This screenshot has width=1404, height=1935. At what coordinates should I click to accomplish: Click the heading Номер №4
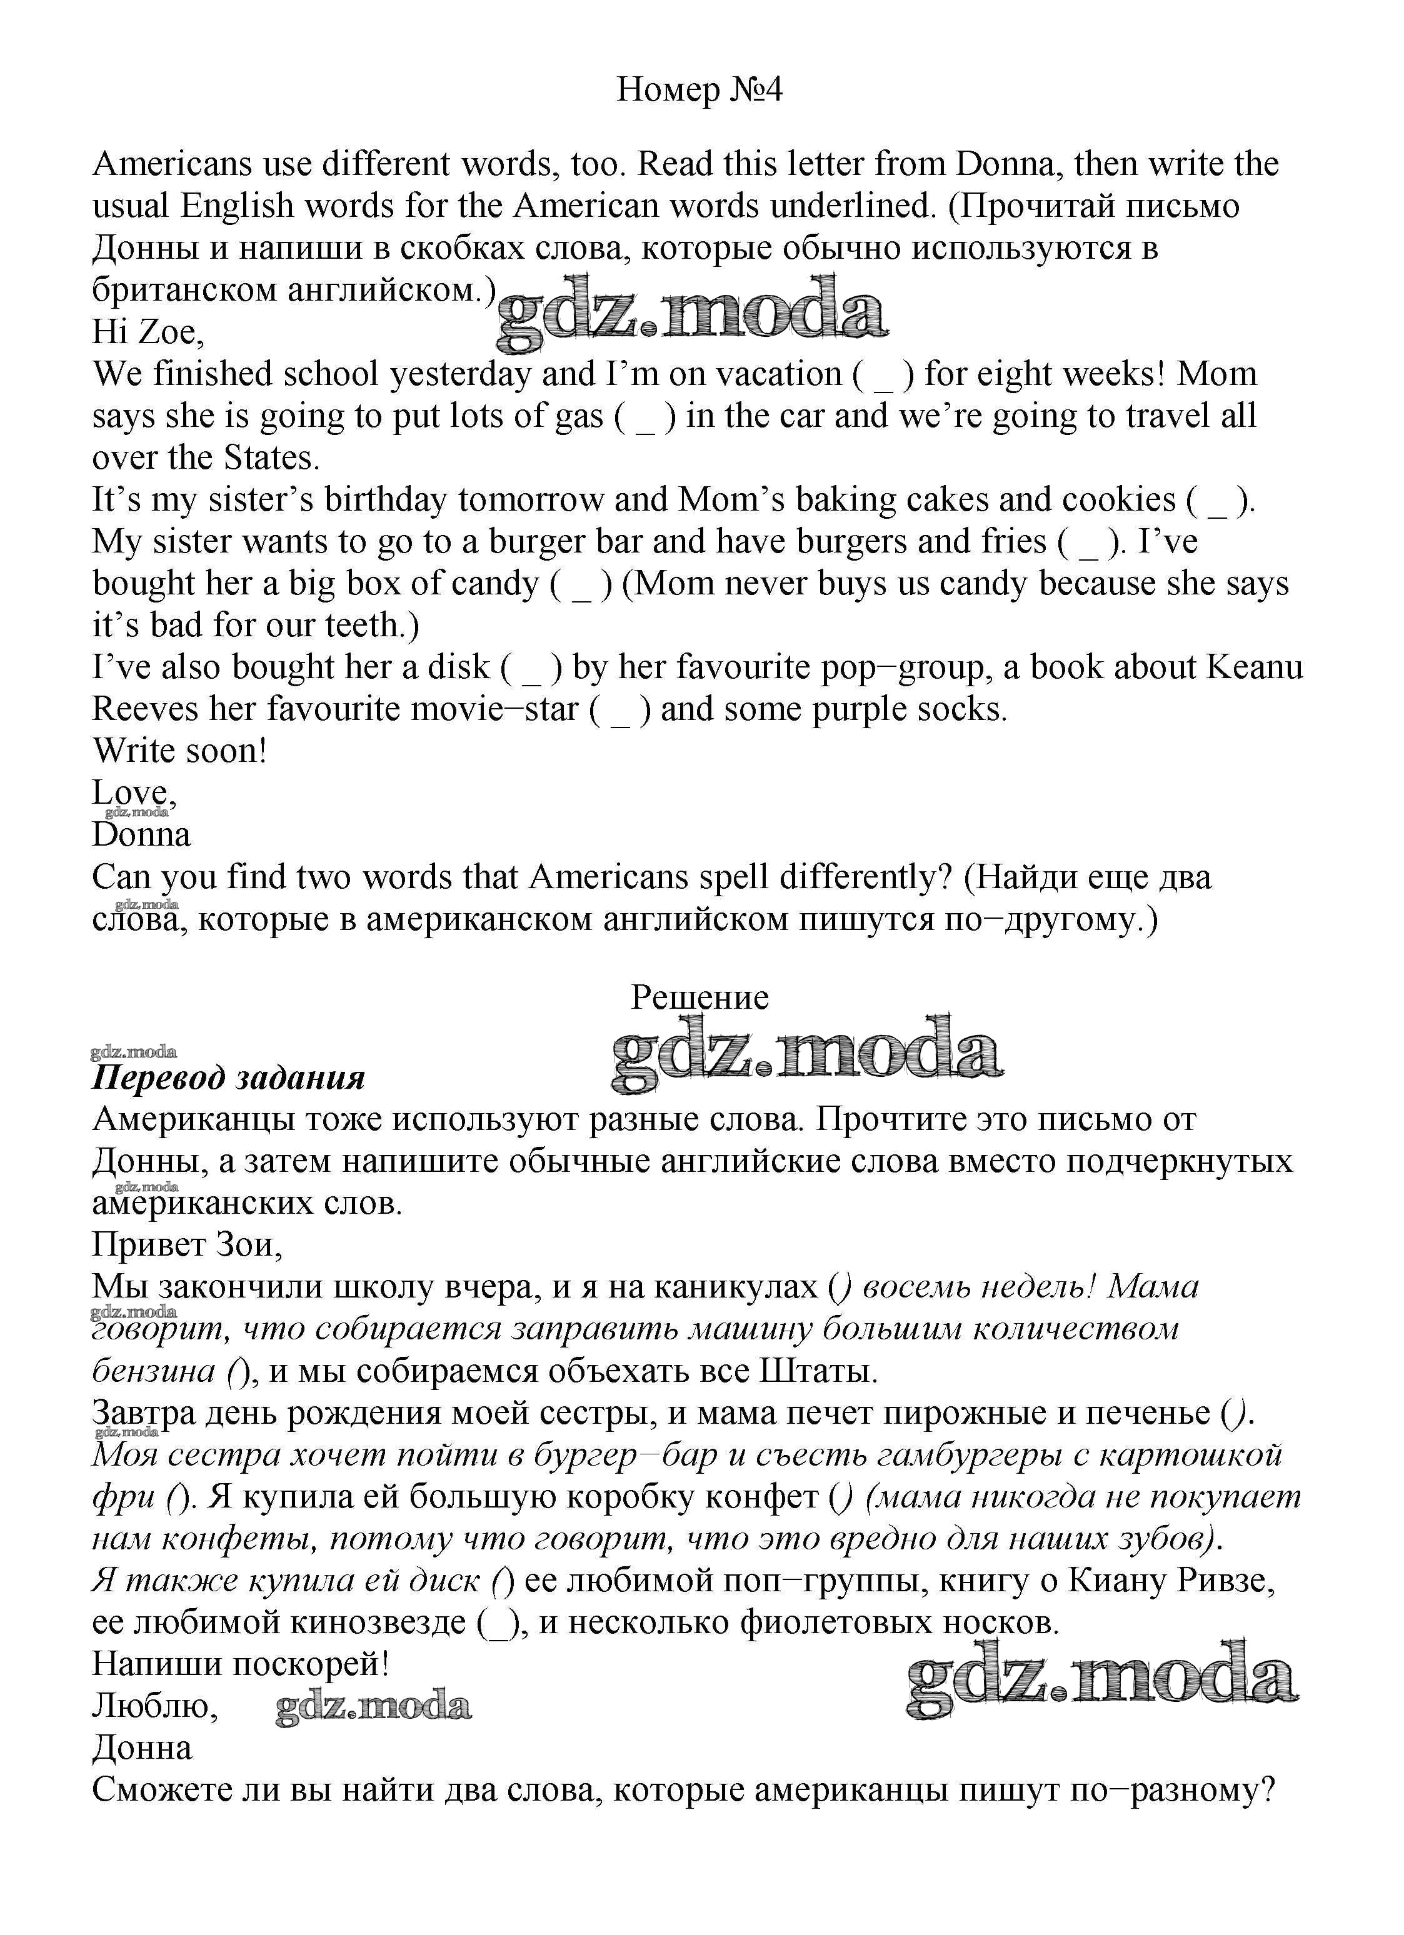point(699,89)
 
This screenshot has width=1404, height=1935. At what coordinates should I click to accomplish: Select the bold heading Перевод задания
point(228,1078)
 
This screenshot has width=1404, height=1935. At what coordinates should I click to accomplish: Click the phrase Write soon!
point(179,751)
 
